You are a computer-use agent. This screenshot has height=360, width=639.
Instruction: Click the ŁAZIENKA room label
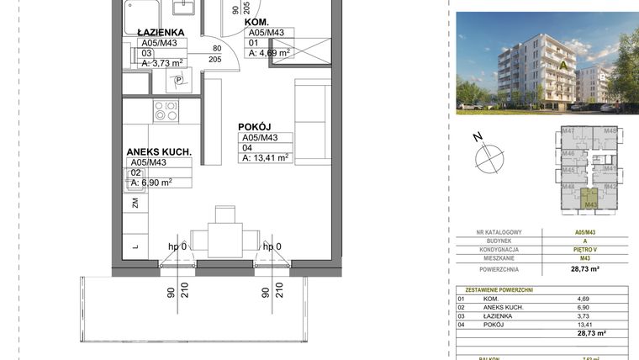click(162, 32)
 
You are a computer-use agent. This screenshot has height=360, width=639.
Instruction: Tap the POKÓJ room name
click(253, 126)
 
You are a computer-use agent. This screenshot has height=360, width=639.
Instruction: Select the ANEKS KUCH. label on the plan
click(159, 152)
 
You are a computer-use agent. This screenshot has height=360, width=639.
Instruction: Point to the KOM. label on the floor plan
click(257, 21)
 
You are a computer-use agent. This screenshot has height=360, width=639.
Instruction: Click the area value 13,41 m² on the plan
click(266, 156)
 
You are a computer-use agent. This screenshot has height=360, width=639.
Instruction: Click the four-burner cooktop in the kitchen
click(166, 110)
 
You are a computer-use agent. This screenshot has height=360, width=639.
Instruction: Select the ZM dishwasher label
click(135, 203)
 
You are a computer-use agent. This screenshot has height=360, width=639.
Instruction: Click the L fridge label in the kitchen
click(135, 246)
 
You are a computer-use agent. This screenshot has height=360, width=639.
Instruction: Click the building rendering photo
click(547, 63)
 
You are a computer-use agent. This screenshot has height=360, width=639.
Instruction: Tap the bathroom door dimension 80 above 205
click(216, 48)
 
